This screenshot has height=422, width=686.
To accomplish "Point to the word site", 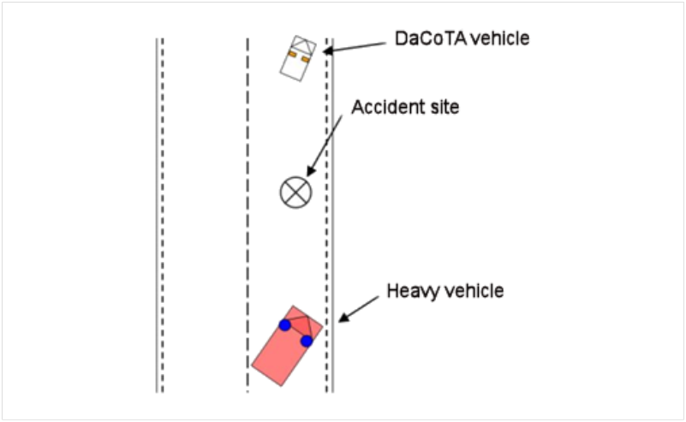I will coord(444,108).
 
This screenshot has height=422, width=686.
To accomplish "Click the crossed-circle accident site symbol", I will coord(295,191).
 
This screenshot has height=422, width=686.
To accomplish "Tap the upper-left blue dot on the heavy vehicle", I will coord(284,325).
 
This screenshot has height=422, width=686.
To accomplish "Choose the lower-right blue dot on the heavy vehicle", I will coord(307,342).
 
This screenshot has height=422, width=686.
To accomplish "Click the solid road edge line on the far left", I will coord(157,214).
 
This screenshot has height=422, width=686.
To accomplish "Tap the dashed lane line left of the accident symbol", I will coord(248,214).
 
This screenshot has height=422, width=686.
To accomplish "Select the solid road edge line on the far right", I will coord(333,214).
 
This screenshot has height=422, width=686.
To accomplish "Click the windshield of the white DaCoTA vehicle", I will coord(302,45).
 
